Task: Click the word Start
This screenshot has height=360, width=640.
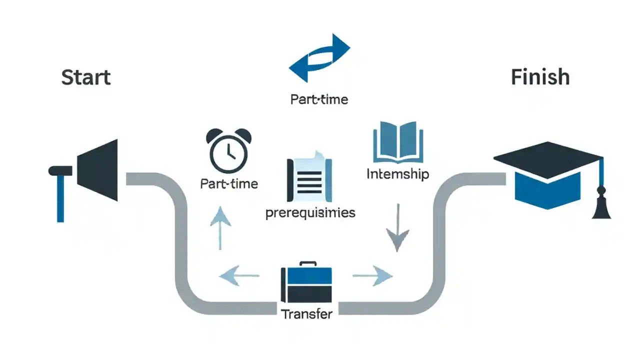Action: [85, 77]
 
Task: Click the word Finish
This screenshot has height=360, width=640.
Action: [540, 77]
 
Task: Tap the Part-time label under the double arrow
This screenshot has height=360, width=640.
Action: [319, 99]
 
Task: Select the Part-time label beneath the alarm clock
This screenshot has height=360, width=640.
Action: [229, 183]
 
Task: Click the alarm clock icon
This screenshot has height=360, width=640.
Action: [228, 150]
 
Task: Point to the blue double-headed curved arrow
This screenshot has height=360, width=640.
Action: [319, 58]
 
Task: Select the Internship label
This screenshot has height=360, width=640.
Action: [397, 174]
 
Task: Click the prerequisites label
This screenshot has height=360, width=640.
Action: [310, 212]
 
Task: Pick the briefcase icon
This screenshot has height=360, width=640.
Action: [306, 283]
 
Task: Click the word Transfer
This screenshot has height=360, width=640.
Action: [306, 314]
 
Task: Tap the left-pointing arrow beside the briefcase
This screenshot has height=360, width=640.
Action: [240, 275]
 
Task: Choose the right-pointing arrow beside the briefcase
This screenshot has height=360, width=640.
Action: [372, 275]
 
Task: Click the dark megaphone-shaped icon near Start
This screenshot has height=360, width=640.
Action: [100, 170]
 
